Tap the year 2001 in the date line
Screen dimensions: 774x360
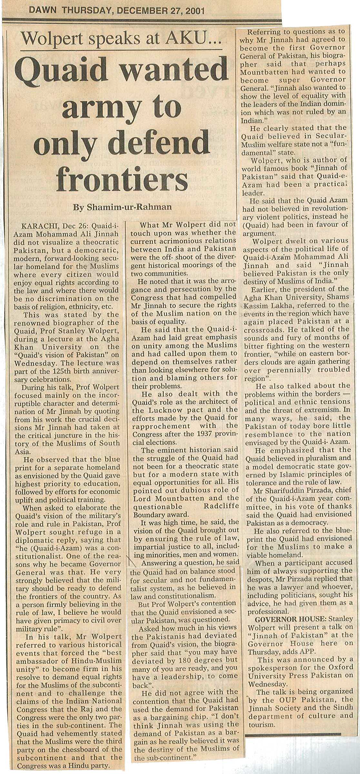[193, 11]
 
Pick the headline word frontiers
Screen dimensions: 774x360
[122, 179]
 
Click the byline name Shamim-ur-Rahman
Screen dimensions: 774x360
[129, 207]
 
